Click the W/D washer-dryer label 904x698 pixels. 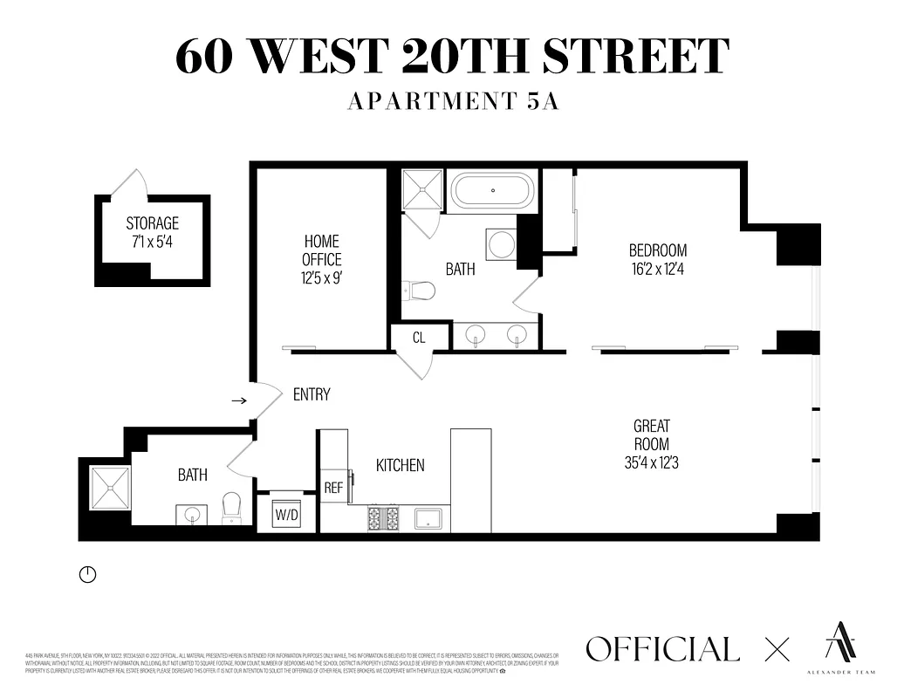pyautogui.click(x=286, y=514)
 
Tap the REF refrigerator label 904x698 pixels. pyautogui.click(x=333, y=488)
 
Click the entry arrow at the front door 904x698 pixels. pyautogui.click(x=237, y=400)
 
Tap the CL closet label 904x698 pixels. pyautogui.click(x=419, y=338)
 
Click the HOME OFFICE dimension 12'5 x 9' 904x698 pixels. pyautogui.click(x=321, y=279)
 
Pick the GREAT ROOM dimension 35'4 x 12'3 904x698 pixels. pyautogui.click(x=651, y=462)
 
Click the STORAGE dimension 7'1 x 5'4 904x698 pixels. pyautogui.click(x=152, y=242)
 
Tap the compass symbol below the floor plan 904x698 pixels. pyautogui.click(x=87, y=574)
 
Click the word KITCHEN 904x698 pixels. pyautogui.click(x=400, y=465)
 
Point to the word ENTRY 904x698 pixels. pyautogui.click(x=312, y=394)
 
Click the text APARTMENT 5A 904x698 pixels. pyautogui.click(x=452, y=101)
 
